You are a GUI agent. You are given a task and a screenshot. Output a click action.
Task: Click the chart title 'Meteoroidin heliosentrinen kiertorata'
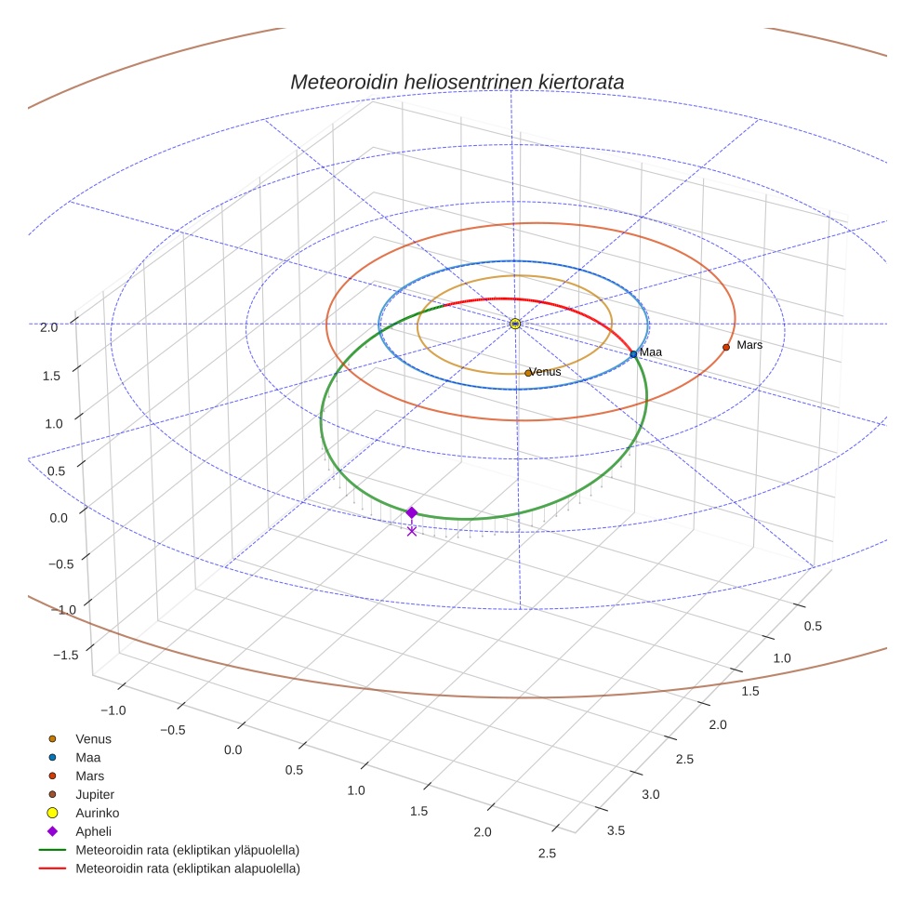[x=457, y=82]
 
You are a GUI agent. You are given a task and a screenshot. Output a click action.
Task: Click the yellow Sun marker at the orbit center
[x=515, y=324]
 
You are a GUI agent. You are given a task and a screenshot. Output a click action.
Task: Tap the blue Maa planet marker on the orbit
[x=633, y=354]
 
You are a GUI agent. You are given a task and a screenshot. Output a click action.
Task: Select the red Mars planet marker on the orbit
[x=726, y=348]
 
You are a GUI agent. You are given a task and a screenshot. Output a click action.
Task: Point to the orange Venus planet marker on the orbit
[x=528, y=373]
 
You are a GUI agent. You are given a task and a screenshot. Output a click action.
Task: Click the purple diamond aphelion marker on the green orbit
[x=411, y=512]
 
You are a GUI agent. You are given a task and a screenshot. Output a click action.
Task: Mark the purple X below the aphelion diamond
[x=412, y=531]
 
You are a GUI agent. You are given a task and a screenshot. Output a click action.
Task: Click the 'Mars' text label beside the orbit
[x=749, y=345]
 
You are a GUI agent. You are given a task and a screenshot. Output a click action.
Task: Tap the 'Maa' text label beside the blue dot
[x=651, y=352]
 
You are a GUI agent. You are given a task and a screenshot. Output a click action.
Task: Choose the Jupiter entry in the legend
[x=95, y=794]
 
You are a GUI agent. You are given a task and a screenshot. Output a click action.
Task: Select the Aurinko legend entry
[x=97, y=813]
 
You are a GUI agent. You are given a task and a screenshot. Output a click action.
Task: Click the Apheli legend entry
[x=93, y=831]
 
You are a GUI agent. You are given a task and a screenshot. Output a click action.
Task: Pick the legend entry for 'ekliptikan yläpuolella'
[x=187, y=850]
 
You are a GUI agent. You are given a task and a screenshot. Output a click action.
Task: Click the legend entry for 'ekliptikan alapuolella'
[x=187, y=869]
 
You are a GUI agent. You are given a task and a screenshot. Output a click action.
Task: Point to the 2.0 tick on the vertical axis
[x=49, y=327]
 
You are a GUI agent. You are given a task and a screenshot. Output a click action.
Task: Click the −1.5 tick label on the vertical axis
[x=64, y=656]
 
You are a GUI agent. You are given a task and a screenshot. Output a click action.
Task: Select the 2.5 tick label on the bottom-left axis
[x=546, y=854]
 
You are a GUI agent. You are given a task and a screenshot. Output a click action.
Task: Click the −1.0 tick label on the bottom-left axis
[x=113, y=710]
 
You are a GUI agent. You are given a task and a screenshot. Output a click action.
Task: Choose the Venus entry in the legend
[x=93, y=738]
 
